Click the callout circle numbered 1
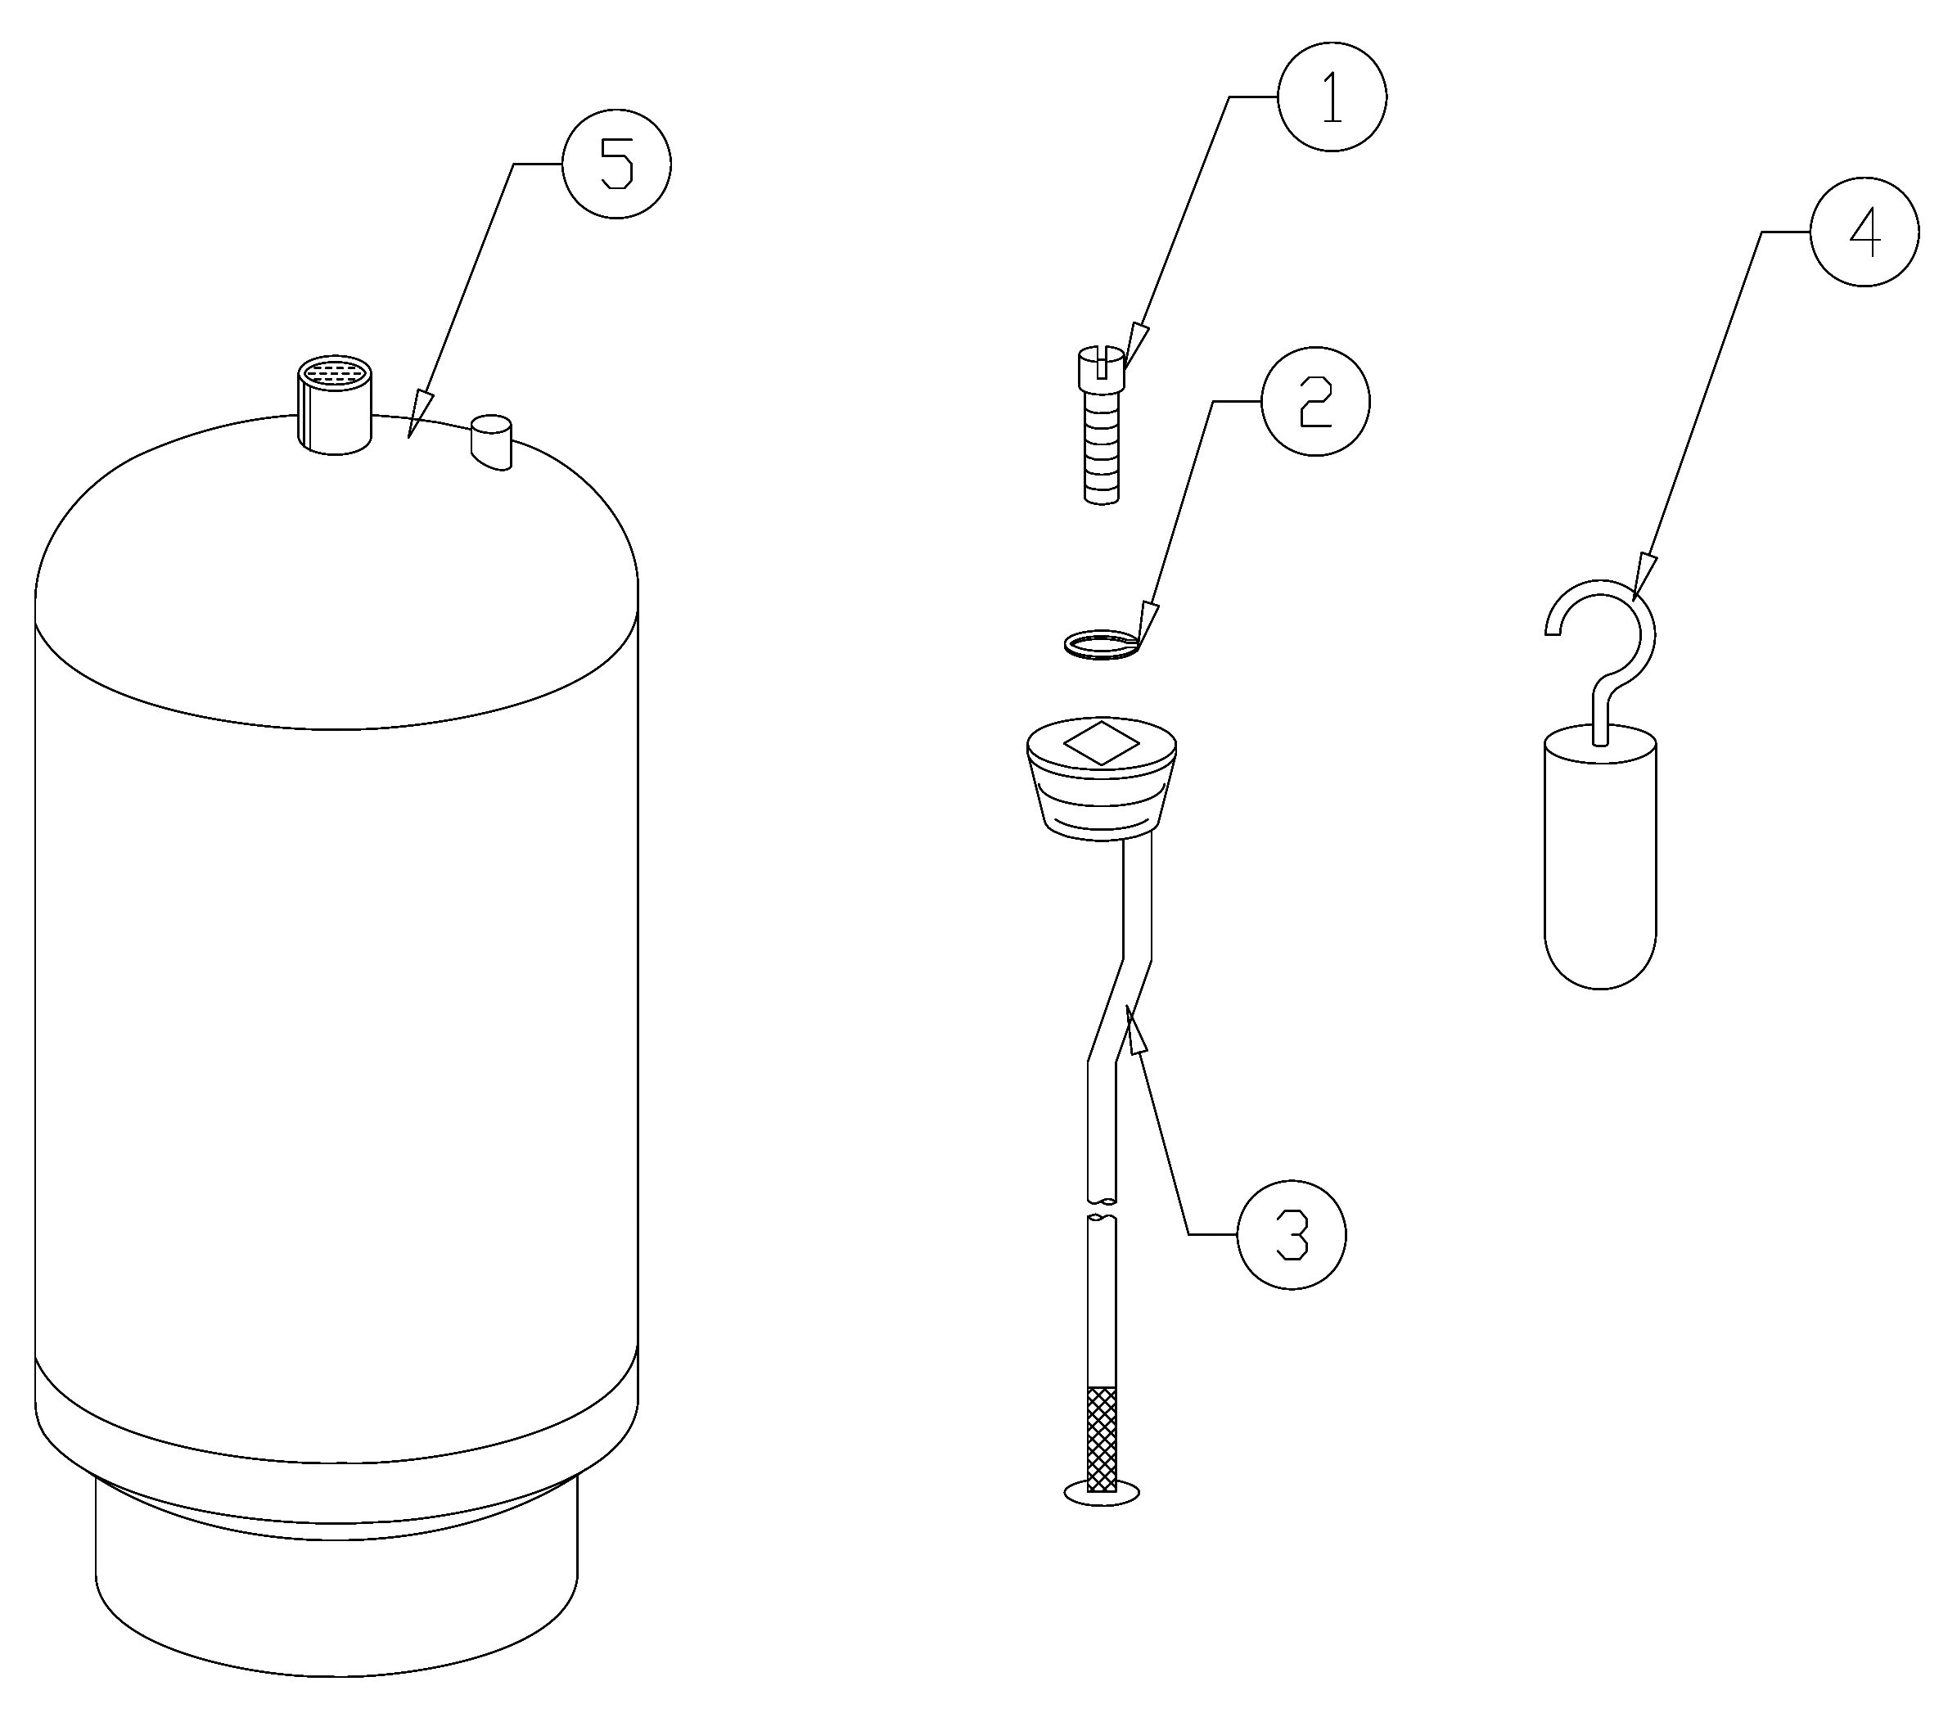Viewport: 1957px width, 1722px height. click(x=1332, y=97)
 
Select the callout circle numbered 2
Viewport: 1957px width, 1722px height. click(x=1315, y=401)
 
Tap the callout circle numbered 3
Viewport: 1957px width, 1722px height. click(x=1292, y=1235)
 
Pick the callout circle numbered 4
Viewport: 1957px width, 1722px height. click(x=1865, y=232)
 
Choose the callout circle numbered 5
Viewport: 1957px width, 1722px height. click(x=616, y=164)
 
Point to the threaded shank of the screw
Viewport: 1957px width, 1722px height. click(x=1102, y=447)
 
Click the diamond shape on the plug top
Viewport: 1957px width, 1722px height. click(x=1101, y=743)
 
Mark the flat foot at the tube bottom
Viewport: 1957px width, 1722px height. click(x=1102, y=1491)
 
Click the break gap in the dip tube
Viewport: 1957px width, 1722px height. click(x=1102, y=1209)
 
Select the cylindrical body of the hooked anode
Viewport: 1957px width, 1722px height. click(x=1601, y=857)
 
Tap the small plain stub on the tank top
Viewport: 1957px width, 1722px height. click(x=491, y=442)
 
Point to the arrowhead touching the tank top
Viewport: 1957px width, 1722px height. click(x=418, y=413)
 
